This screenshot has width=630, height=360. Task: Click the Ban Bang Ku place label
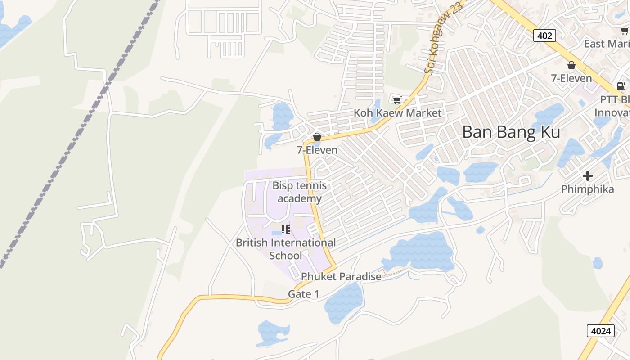point(511,132)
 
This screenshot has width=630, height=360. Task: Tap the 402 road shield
point(544,35)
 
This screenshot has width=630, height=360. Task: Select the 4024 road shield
point(601,331)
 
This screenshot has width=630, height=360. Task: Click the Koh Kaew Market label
point(398,113)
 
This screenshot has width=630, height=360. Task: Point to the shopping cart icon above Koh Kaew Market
point(397,100)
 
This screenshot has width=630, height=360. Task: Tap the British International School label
point(286,249)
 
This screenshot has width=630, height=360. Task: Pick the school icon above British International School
point(285,230)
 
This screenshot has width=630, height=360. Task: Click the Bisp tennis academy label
point(300,192)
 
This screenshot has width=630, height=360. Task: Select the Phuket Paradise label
point(341,276)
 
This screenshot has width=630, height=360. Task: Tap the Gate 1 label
point(303,294)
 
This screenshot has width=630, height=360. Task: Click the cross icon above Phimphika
point(588,176)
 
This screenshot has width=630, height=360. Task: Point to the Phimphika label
point(588,189)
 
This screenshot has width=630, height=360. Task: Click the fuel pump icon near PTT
point(621,86)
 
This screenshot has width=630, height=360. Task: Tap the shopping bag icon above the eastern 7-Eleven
point(571,66)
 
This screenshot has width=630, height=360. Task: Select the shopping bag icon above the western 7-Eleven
point(317,137)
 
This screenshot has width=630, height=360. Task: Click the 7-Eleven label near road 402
point(571,78)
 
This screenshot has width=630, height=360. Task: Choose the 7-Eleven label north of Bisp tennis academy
point(317,150)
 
